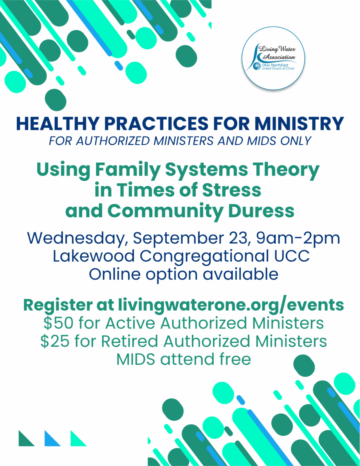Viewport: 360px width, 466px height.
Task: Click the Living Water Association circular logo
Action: pyautogui.click(x=273, y=58)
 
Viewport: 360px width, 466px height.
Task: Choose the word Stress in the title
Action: pyautogui.click(x=232, y=190)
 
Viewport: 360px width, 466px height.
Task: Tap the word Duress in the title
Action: pyautogui.click(x=261, y=211)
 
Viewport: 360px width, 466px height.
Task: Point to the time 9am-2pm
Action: pyautogui.click(x=298, y=239)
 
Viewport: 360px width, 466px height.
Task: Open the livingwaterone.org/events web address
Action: pyautogui.click(x=231, y=305)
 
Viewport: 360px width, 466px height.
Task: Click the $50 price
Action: pyautogui.click(x=58, y=323)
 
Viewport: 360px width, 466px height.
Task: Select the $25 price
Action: pyautogui.click(x=55, y=341)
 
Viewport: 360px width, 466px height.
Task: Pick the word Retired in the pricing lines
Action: pyautogui.click(x=130, y=341)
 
